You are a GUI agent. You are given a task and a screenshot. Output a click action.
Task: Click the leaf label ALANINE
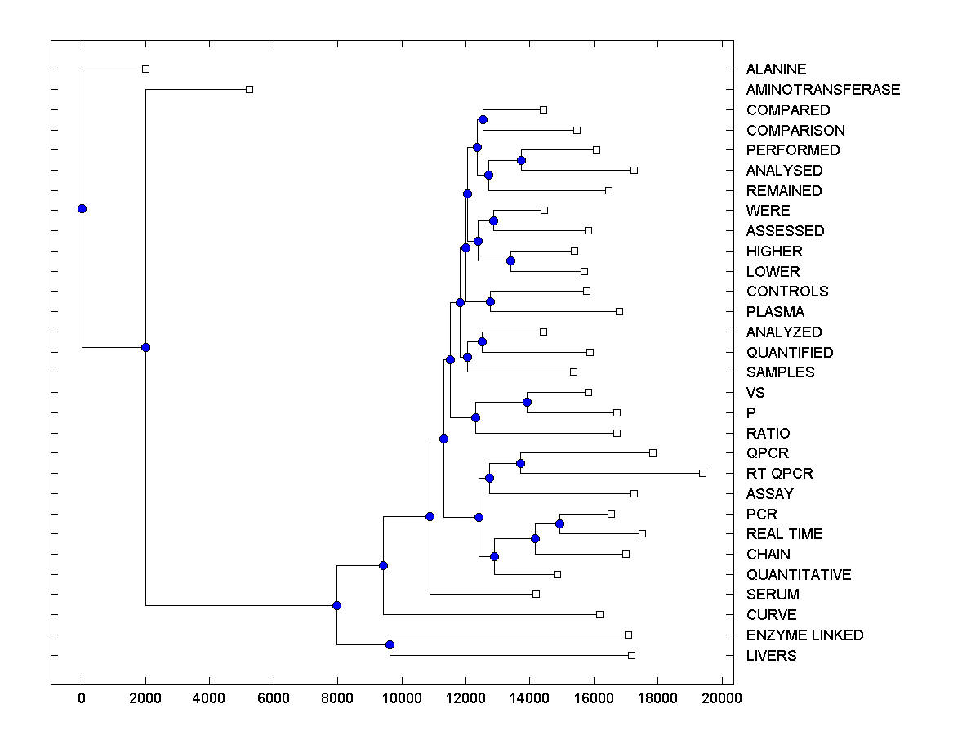pyautogui.click(x=776, y=69)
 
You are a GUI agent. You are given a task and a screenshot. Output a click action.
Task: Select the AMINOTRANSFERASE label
pyautogui.click(x=822, y=90)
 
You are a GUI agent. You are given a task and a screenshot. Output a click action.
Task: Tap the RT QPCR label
pyautogui.click(x=779, y=474)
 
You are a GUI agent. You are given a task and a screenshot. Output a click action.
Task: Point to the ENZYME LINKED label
pyautogui.click(x=804, y=635)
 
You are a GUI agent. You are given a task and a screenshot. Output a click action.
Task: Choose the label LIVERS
pyautogui.click(x=771, y=656)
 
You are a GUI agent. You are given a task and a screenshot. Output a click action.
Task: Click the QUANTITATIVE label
pyautogui.click(x=798, y=575)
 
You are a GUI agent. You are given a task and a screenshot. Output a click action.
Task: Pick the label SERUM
pyautogui.click(x=773, y=595)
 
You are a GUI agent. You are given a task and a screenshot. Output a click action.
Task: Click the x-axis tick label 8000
pyautogui.click(x=337, y=697)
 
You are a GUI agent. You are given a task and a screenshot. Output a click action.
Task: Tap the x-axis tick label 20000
pyautogui.click(x=721, y=697)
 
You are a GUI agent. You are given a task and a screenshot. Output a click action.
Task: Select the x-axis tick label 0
pyautogui.click(x=82, y=697)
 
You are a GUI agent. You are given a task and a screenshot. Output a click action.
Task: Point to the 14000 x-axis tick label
pyautogui.click(x=529, y=697)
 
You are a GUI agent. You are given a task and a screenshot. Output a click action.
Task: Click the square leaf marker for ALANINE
pyautogui.click(x=145, y=69)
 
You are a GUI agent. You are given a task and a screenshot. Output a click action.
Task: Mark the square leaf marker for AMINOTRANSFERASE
pyautogui.click(x=250, y=89)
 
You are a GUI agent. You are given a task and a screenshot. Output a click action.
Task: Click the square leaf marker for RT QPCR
pyautogui.click(x=702, y=473)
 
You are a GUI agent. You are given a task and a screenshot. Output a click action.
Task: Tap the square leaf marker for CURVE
pyautogui.click(x=599, y=614)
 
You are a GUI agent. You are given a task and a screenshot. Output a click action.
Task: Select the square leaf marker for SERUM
pyautogui.click(x=536, y=594)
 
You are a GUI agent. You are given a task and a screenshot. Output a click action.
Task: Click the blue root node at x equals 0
pyautogui.click(x=82, y=208)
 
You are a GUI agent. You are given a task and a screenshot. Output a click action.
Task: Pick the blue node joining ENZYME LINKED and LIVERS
pyautogui.click(x=390, y=645)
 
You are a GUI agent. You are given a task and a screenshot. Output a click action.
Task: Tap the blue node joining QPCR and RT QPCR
pyautogui.click(x=520, y=463)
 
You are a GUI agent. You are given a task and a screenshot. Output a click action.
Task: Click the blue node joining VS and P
pyautogui.click(x=527, y=402)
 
